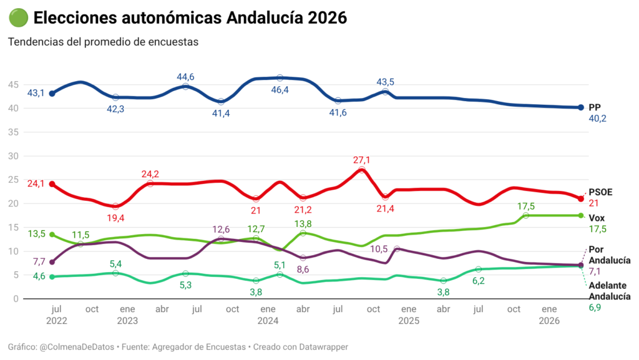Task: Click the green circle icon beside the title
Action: (x=17, y=18)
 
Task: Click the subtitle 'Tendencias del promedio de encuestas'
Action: (x=103, y=42)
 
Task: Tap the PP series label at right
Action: (x=594, y=107)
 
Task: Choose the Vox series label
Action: (x=596, y=217)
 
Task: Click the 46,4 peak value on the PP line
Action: (x=280, y=90)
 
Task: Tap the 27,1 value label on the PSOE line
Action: (x=361, y=160)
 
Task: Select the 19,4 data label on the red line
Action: (x=115, y=217)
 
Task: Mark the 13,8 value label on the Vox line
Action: (x=303, y=223)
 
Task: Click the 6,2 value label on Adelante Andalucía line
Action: (x=479, y=281)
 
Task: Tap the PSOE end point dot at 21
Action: (x=580, y=199)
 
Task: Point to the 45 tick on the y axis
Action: (x=12, y=84)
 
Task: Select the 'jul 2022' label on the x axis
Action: (x=57, y=314)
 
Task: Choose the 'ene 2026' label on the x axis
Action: (x=549, y=314)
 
